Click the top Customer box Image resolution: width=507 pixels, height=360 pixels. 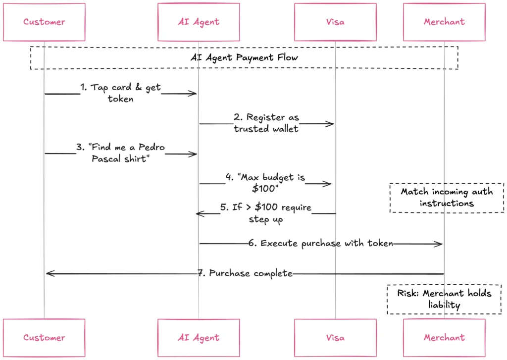[x=44, y=22]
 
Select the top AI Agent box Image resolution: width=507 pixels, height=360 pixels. [x=199, y=22]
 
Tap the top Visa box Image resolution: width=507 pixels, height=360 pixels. [x=335, y=22]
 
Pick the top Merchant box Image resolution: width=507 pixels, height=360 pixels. [x=444, y=22]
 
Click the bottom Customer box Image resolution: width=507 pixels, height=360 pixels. [x=44, y=337]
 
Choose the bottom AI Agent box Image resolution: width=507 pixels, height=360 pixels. [x=199, y=337]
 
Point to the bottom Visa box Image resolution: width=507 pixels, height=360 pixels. [x=335, y=337]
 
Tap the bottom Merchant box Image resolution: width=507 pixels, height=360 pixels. [x=444, y=337]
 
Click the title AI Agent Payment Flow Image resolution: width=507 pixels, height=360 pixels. [x=244, y=57]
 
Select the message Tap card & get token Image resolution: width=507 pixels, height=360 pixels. [x=120, y=93]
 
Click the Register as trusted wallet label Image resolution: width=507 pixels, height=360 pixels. [x=266, y=123]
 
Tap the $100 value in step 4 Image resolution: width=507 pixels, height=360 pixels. [x=265, y=189]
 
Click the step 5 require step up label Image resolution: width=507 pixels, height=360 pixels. [x=266, y=213]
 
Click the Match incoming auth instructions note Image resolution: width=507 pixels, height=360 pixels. [x=447, y=198]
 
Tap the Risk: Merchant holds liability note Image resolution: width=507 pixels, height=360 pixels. [x=444, y=299]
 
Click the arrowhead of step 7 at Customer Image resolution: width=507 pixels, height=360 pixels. [x=49, y=273]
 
